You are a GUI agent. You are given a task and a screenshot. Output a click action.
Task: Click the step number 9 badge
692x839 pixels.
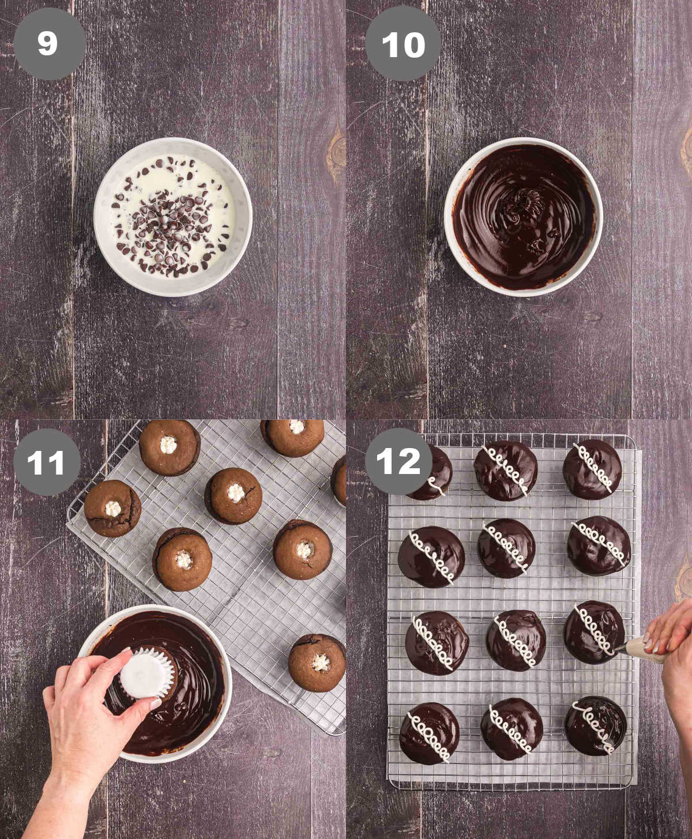(49, 44)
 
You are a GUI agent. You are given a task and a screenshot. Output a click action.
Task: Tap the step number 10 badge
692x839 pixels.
(403, 44)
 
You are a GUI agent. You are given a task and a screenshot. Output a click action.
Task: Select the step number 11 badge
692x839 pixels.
(47, 462)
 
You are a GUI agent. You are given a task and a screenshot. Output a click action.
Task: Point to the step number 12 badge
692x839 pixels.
(398, 461)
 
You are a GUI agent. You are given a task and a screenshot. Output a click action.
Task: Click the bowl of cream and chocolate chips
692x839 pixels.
(172, 217)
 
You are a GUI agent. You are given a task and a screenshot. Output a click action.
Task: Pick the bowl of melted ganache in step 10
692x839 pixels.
(523, 217)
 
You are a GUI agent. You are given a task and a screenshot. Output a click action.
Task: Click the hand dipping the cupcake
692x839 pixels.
(86, 709)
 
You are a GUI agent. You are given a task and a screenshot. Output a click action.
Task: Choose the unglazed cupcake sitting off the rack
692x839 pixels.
(317, 663)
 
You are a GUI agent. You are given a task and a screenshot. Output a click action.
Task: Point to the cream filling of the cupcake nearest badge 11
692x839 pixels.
(112, 509)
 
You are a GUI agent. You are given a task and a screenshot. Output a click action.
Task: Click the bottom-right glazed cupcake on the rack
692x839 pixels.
(595, 725)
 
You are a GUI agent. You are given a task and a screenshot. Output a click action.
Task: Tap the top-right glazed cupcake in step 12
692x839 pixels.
(592, 469)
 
